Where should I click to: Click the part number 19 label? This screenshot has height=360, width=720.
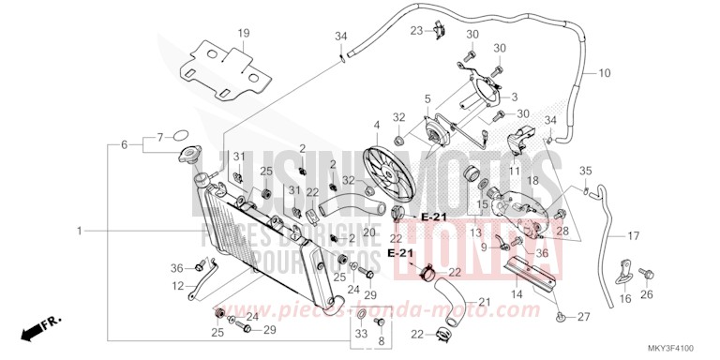(243, 33)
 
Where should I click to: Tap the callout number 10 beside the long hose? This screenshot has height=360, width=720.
(604, 72)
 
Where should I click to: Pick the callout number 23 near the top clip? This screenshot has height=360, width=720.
(417, 30)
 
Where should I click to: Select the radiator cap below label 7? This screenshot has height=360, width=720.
(190, 156)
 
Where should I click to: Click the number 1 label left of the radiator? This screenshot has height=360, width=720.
(80, 230)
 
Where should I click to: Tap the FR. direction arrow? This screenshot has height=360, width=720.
(37, 330)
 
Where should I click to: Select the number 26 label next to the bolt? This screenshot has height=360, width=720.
(645, 296)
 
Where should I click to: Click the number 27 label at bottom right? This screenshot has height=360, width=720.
(583, 317)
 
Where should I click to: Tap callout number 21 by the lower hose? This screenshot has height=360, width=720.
(485, 301)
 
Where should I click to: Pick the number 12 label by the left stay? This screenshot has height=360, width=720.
(179, 286)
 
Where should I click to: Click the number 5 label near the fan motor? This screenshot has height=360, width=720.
(427, 98)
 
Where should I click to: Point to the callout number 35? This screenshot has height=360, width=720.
(586, 171)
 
